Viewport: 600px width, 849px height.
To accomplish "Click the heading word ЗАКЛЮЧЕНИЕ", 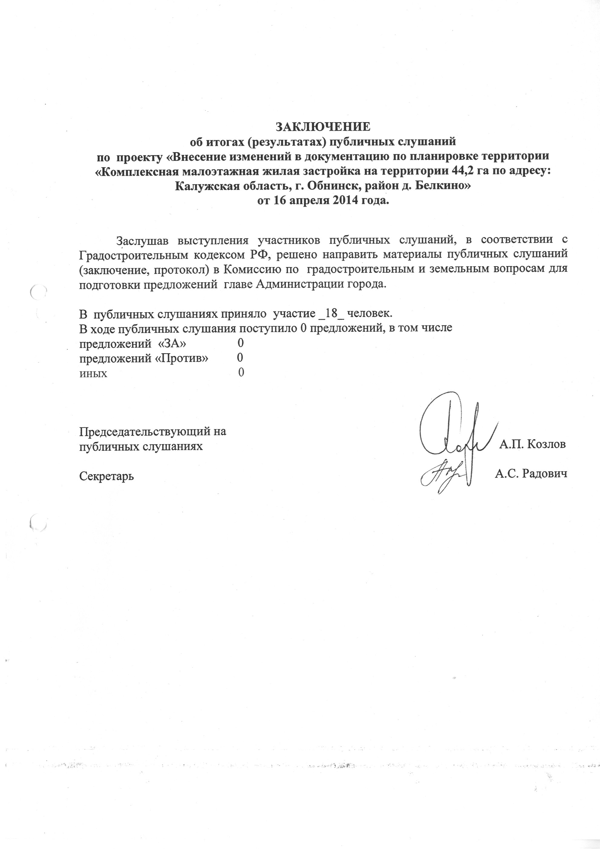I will pyautogui.click(x=322, y=127).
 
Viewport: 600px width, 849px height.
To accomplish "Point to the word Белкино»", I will pyautogui.click(x=443, y=186).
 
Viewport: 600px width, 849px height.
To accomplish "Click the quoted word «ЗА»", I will pyautogui.click(x=172, y=343).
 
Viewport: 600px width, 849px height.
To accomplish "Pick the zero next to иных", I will pyautogui.click(x=241, y=373).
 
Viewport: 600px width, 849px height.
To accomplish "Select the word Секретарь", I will pyautogui.click(x=106, y=476).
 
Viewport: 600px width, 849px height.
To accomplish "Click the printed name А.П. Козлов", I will pyautogui.click(x=532, y=444).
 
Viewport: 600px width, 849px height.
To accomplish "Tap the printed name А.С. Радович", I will pyautogui.click(x=531, y=474).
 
